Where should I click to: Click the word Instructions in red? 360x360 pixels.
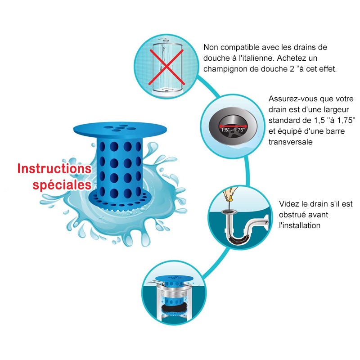click(x=54, y=169)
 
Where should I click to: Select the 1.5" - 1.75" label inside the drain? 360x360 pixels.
click(x=232, y=130)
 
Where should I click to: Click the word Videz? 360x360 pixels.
click(x=289, y=204)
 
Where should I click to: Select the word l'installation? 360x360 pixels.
click(x=300, y=225)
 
